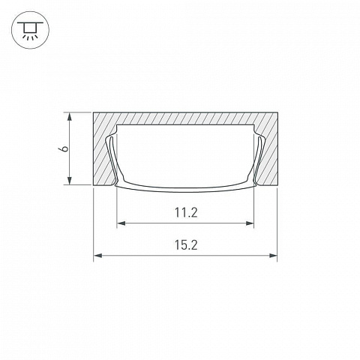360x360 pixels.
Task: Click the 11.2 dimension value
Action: [x=186, y=213]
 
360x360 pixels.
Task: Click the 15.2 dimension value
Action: [x=186, y=245]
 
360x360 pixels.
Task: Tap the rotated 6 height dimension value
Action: [x=64, y=148]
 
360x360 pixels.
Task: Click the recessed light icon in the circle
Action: [x=30, y=30]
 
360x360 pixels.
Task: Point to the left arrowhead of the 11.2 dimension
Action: [x=121, y=223]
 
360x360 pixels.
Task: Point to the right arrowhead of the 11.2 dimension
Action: [x=250, y=223]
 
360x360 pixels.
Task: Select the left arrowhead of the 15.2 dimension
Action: [x=98, y=256]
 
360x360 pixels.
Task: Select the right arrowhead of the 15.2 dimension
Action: [x=273, y=256]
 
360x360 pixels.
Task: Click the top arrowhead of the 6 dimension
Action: [x=70, y=117]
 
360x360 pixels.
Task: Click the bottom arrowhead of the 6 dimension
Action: [x=70, y=181]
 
